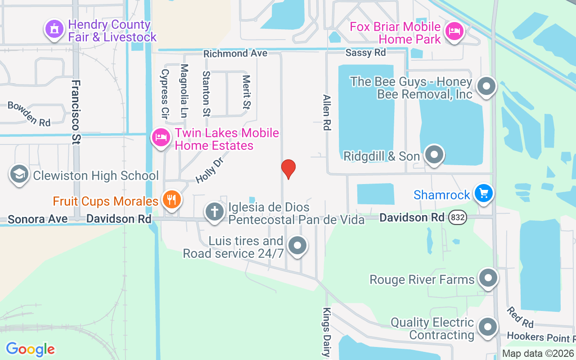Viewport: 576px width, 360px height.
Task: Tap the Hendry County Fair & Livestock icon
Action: pyautogui.click(x=54, y=30)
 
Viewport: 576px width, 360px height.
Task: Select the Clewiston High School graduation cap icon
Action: pyautogui.click(x=19, y=175)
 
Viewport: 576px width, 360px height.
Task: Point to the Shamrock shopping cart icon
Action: pyautogui.click(x=483, y=194)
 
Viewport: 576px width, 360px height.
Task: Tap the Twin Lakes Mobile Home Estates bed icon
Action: pyautogui.click(x=161, y=138)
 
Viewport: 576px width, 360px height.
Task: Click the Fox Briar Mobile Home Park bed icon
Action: pyautogui.click(x=454, y=31)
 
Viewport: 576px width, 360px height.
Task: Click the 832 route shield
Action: pyautogui.click(x=458, y=218)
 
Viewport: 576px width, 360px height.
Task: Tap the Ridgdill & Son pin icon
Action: pyautogui.click(x=434, y=155)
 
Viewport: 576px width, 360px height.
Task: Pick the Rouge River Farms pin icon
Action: pyautogui.click(x=487, y=279)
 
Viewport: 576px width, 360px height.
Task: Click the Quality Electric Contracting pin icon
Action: pyautogui.click(x=487, y=328)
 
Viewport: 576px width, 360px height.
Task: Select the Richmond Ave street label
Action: pyautogui.click(x=235, y=54)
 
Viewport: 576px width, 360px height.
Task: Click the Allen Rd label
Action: pyautogui.click(x=327, y=112)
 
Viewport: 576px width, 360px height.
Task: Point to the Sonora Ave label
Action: pyautogui.click(x=38, y=219)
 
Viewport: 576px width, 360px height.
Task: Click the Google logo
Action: pyautogui.click(x=31, y=349)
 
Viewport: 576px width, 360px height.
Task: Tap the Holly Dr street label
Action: pyautogui.click(x=210, y=170)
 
